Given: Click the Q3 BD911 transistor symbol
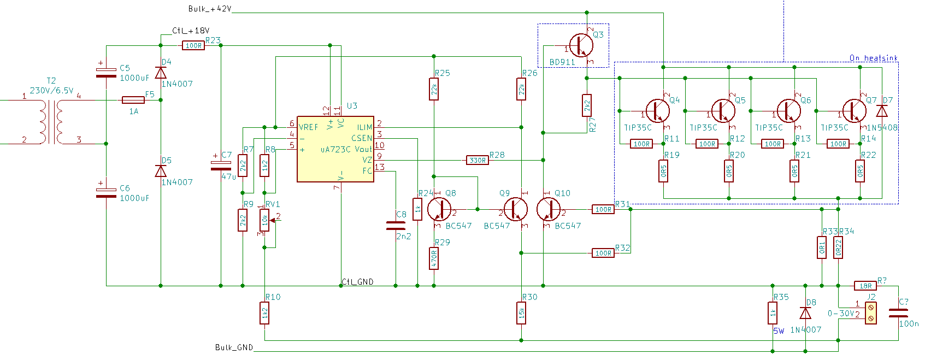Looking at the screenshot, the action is click(x=581, y=45).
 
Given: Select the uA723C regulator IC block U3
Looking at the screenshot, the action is click(x=335, y=149).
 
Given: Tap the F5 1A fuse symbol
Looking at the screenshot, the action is click(x=133, y=100).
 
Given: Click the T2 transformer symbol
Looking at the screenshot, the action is click(x=51, y=122).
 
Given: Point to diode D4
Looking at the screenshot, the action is click(x=161, y=73).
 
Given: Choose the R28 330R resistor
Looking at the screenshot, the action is click(x=478, y=160).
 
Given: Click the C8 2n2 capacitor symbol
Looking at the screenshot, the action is click(x=396, y=226).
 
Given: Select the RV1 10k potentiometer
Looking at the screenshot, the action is click(x=264, y=221).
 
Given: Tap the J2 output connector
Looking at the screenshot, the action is click(x=870, y=313).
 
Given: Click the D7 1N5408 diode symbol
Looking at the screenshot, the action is click(x=882, y=111).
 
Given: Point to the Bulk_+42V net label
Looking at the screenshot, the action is click(x=210, y=9).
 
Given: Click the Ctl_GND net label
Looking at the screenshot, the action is click(x=358, y=281).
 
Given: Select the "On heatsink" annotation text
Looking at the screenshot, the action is click(x=874, y=58).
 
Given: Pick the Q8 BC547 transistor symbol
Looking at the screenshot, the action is click(x=439, y=209).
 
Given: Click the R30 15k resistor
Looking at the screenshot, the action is click(x=521, y=313).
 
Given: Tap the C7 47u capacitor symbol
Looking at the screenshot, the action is click(x=221, y=165).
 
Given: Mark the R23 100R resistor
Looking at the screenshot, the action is click(x=193, y=45).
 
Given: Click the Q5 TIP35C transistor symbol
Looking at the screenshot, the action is click(x=723, y=111).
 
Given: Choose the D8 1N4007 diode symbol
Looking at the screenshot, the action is click(x=805, y=313).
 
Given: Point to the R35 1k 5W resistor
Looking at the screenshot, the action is click(x=772, y=313).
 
